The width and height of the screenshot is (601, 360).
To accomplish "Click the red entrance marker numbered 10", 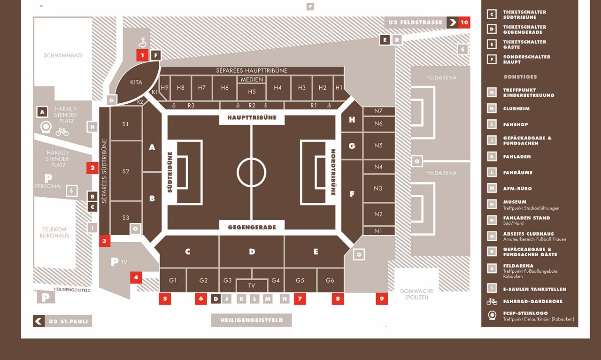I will click(x=464, y=22).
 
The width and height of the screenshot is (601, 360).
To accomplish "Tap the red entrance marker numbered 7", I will click(x=300, y=299).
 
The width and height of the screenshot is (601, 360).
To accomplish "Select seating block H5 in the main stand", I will click(x=252, y=92).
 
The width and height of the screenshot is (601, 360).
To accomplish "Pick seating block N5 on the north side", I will click(x=378, y=146).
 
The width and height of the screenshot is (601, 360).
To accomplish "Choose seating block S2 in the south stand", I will click(x=125, y=171).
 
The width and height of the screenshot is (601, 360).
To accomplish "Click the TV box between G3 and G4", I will click(x=252, y=285).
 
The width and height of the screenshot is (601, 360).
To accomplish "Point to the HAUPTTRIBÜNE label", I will click(x=252, y=118).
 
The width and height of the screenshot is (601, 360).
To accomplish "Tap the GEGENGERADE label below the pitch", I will click(x=252, y=227).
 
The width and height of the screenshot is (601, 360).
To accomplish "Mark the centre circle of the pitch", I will click(x=251, y=172).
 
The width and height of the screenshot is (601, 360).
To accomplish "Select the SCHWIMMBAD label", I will click(x=63, y=55).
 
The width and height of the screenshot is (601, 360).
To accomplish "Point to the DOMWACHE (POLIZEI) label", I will click(x=417, y=294).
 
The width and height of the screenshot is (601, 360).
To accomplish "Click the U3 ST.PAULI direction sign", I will click(x=62, y=322).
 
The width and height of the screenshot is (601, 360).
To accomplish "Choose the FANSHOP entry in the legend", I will click(x=516, y=125).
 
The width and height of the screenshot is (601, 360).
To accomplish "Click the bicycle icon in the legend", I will click(x=492, y=301).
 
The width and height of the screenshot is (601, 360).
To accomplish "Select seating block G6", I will click(x=330, y=280).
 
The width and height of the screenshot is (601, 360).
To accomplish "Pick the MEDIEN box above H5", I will click(x=252, y=79).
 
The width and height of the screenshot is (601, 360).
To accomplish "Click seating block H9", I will click(x=164, y=88).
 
